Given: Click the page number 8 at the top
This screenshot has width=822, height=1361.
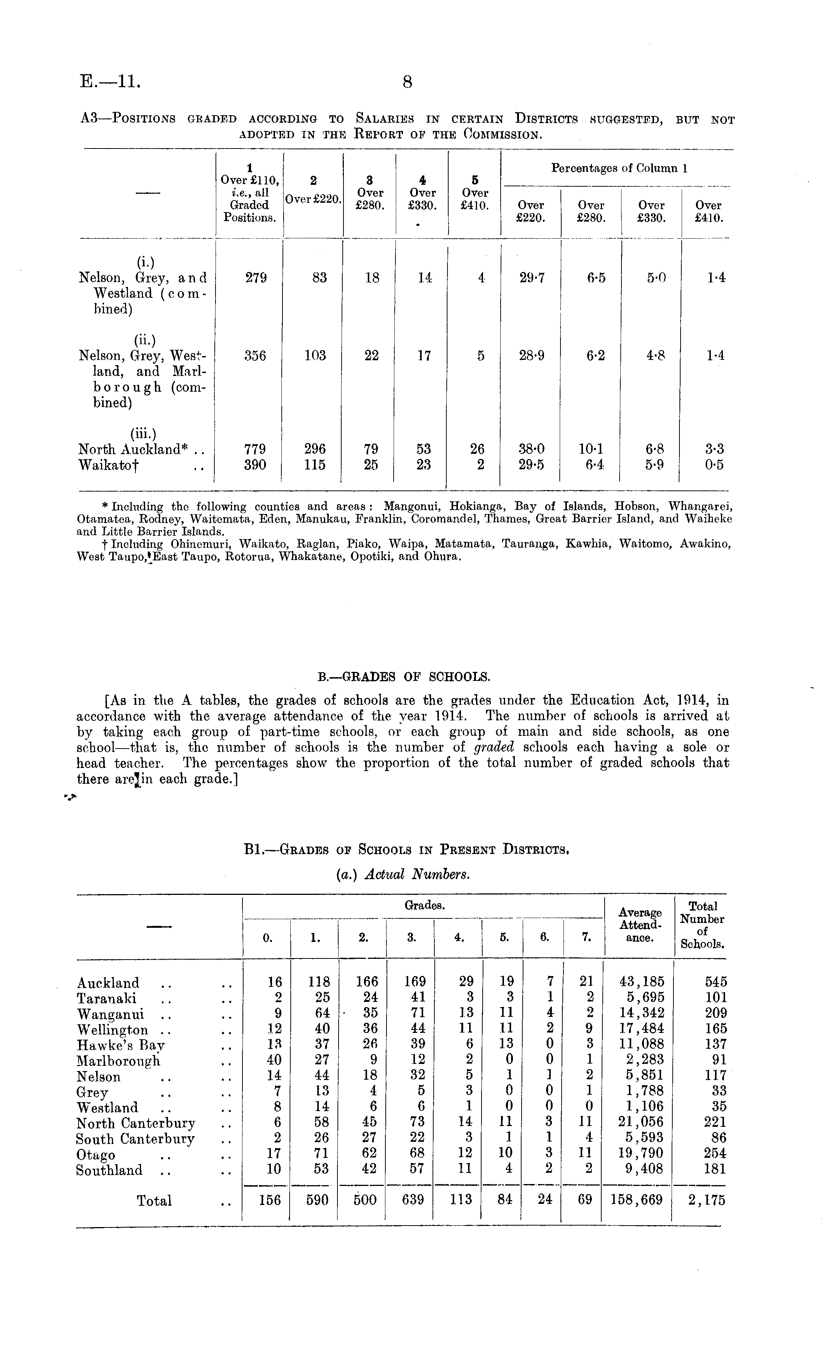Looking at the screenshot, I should [407, 82].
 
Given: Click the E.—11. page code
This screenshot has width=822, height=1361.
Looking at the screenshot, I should [110, 82].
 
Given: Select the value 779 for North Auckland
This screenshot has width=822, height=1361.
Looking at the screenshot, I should [255, 449].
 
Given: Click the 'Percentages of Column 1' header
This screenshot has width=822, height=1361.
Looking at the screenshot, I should [619, 168].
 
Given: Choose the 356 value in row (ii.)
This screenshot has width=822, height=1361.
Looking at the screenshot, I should [255, 356].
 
